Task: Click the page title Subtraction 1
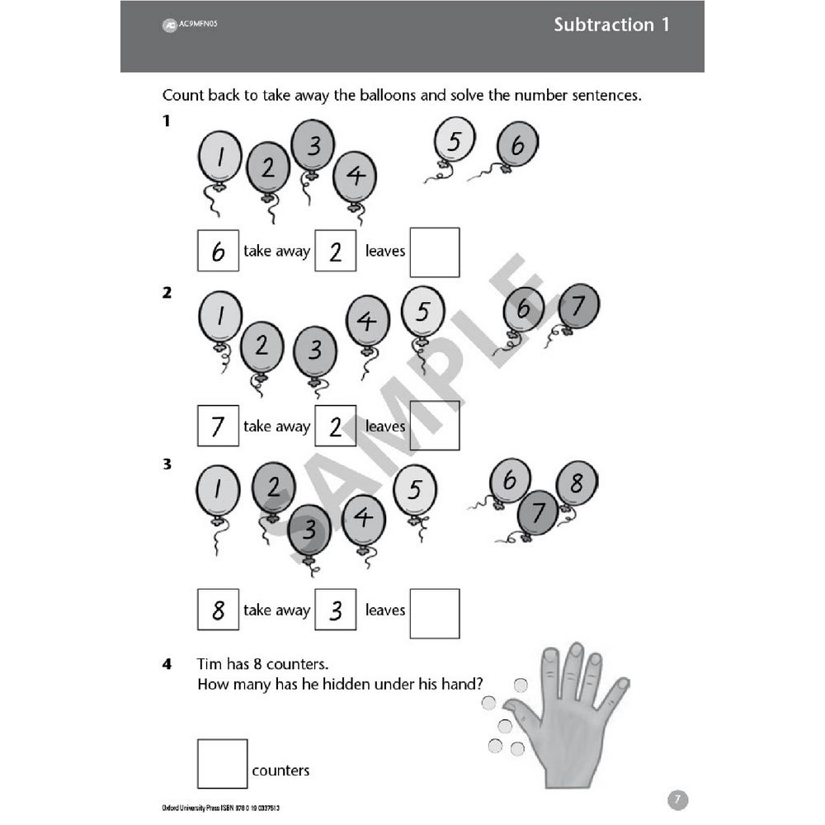[x=611, y=25]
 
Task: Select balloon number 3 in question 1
[x=313, y=145]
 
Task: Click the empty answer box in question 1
[x=435, y=252]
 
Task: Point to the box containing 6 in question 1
[x=218, y=251]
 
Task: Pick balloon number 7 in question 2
[x=577, y=306]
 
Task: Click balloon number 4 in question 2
[x=367, y=319]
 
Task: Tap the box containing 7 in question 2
[x=218, y=426]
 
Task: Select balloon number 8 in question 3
[x=577, y=483]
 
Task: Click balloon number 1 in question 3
[x=218, y=489]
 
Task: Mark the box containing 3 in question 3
[x=335, y=610]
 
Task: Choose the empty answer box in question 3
[x=435, y=613]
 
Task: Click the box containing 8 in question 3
[x=218, y=610]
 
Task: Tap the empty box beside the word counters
[x=222, y=763]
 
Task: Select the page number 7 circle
[x=676, y=799]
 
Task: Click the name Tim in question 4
[x=210, y=663]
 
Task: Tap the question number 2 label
[x=167, y=292]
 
